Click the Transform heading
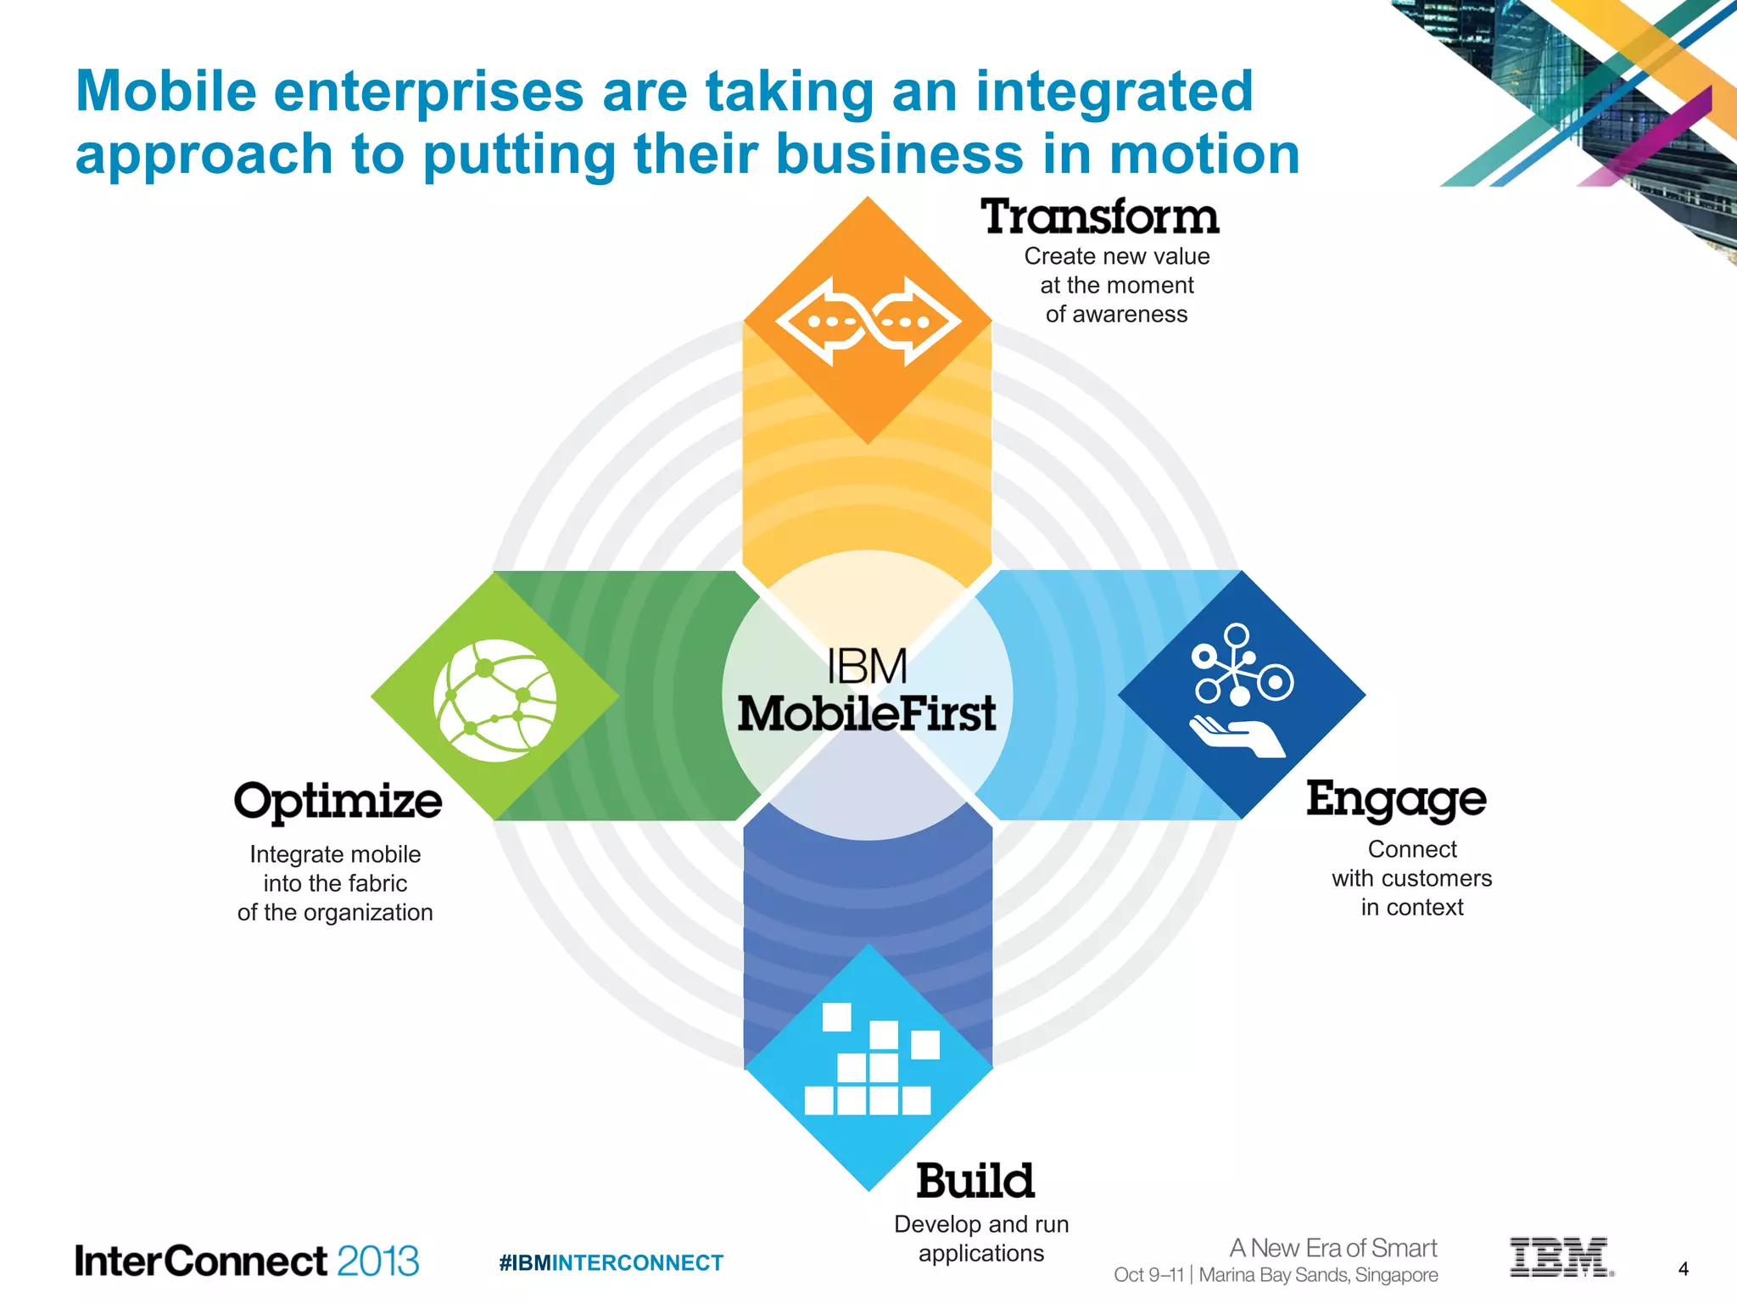[1100, 216]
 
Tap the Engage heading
[1396, 799]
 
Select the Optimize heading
[338, 802]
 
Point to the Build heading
[975, 1181]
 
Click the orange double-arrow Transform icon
[868, 322]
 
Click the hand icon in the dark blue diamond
[1237, 735]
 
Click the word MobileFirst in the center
[867, 713]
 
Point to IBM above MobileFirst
[867, 667]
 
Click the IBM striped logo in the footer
[1560, 1257]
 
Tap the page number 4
[1684, 1269]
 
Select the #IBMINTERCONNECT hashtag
[612, 1263]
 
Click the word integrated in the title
[1114, 92]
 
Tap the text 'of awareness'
[1116, 315]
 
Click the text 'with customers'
[1411, 879]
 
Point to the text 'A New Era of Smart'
[1333, 1248]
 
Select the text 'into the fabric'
[335, 884]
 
